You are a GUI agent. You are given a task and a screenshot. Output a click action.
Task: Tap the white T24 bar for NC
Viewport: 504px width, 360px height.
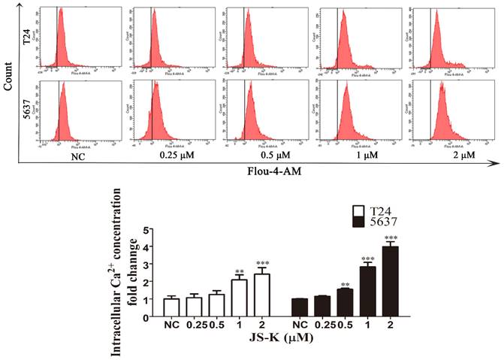[171, 308]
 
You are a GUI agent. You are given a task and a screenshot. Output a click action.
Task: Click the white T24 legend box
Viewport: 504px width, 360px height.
[363, 211]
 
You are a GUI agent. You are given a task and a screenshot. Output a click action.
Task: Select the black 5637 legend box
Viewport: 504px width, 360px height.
[363, 222]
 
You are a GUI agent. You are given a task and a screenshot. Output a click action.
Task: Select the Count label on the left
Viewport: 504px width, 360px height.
[8, 76]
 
